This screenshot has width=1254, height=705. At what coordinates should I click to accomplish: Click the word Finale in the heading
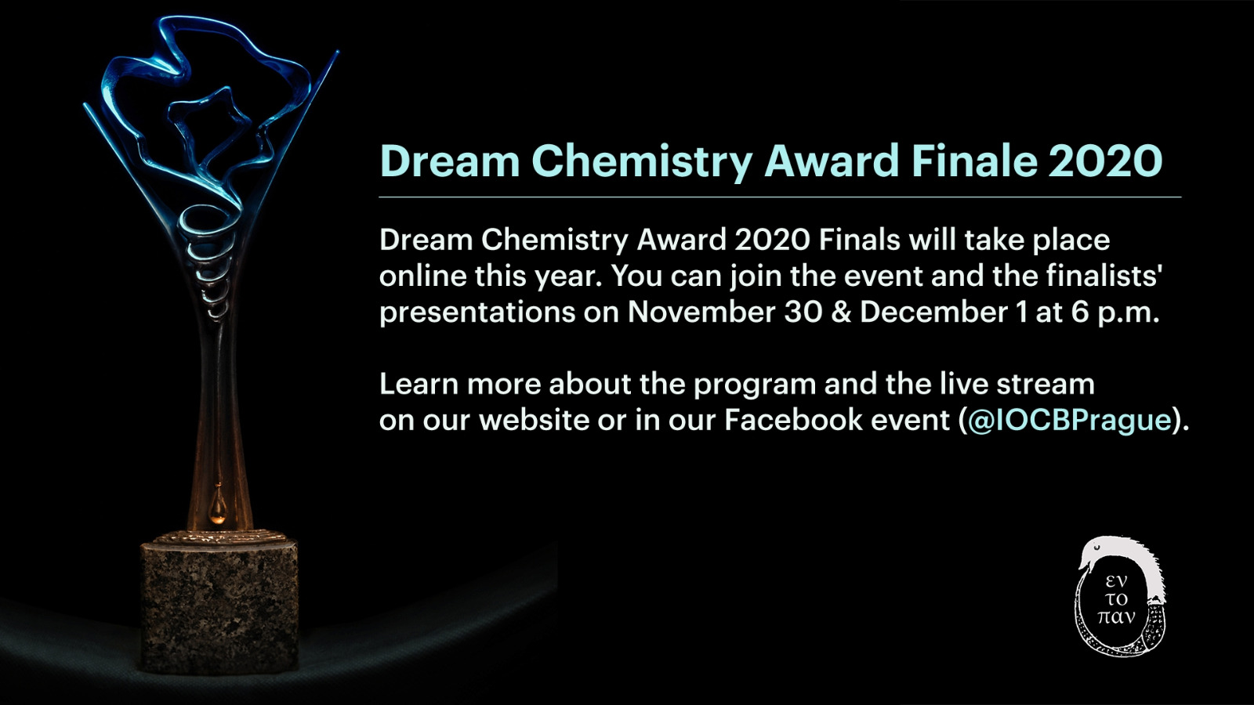coord(975,161)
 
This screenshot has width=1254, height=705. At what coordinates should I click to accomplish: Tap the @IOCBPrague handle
coord(1069,420)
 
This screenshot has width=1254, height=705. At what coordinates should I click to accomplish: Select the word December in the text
coord(933,313)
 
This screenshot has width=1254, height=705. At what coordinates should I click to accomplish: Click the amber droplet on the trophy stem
coord(217,505)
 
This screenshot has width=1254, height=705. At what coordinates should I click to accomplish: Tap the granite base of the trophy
coord(219,603)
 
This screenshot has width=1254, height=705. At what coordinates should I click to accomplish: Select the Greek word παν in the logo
coord(1116,617)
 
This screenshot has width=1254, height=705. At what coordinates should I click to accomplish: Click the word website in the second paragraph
coord(534,420)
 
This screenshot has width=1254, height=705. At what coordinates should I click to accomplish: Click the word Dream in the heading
coord(450,161)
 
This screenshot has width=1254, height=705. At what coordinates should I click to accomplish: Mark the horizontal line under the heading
coord(780,197)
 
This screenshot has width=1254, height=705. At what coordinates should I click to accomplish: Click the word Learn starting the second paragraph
coord(419,384)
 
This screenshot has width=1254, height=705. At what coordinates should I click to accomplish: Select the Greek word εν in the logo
coord(1116,581)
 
